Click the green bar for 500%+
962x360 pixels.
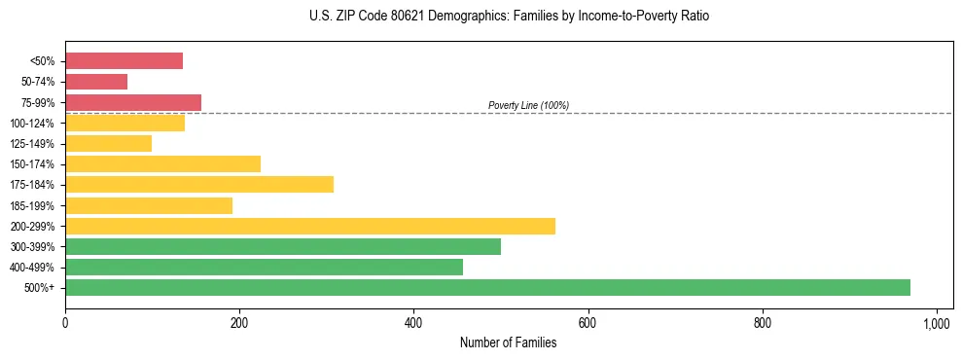pos(487,287)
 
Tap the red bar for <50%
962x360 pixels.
pos(124,61)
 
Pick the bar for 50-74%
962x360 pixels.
pos(96,82)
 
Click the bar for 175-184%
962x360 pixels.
pos(199,185)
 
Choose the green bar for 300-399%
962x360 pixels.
pos(283,246)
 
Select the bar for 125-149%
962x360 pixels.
pos(108,143)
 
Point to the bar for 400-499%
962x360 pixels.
pos(264,267)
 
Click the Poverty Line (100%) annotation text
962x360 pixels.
pos(528,105)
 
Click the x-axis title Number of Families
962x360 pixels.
pos(508,342)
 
